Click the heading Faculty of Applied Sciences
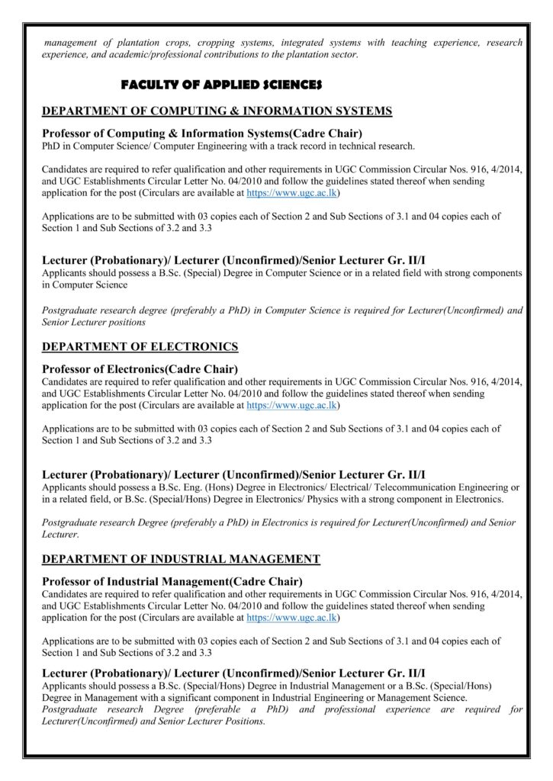221,84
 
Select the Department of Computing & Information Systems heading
217,111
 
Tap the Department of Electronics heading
140,347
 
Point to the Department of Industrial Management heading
181,559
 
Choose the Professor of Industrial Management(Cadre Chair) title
172,581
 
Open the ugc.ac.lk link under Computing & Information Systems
293,193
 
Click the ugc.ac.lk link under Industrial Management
293,617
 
